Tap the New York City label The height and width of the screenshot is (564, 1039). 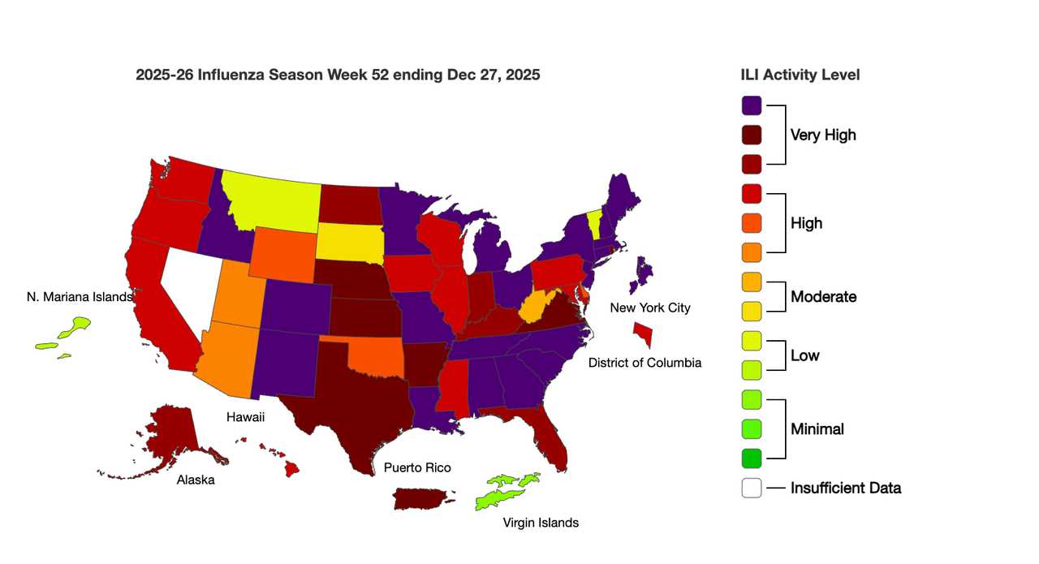click(650, 308)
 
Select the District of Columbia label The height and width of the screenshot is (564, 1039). click(645, 363)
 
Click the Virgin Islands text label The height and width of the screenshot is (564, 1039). click(541, 523)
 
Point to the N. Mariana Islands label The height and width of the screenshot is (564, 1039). click(79, 297)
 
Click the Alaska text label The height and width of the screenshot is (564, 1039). click(196, 480)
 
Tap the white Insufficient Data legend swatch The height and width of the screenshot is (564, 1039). click(752, 488)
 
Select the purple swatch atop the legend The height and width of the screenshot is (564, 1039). click(752, 105)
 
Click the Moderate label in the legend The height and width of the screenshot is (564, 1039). click(823, 297)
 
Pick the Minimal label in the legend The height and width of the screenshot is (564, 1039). click(817, 429)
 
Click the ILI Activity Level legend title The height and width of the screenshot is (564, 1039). click(800, 75)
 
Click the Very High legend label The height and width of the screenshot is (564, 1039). click(823, 135)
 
